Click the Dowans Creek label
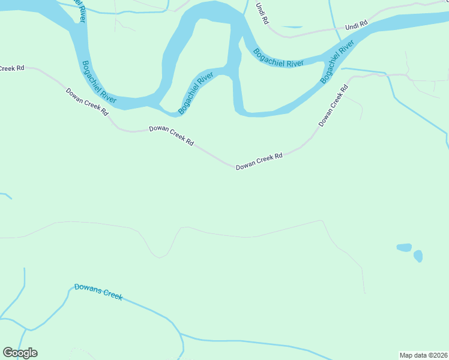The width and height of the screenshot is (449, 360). coord(98,292)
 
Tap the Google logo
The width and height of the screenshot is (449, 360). coord(20,353)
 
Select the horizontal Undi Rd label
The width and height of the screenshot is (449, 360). coord(355,26)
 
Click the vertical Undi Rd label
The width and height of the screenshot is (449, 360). coord(261,13)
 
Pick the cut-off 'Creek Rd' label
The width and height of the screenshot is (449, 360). coord(12,68)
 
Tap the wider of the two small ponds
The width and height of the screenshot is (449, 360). coord(404,247)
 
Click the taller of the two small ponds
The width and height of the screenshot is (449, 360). coord(418,256)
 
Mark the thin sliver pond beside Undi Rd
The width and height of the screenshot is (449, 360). coord(292,27)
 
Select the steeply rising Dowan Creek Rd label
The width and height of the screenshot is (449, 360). coord(333,106)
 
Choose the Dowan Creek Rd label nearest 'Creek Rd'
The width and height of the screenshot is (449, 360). coord(87,101)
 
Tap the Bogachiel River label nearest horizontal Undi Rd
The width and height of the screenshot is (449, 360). coord(337,62)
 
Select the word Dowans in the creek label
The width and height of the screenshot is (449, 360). coord(88,289)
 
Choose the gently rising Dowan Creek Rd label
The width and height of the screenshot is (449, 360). coord(259,161)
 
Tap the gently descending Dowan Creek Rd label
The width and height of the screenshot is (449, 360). coord(171,135)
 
